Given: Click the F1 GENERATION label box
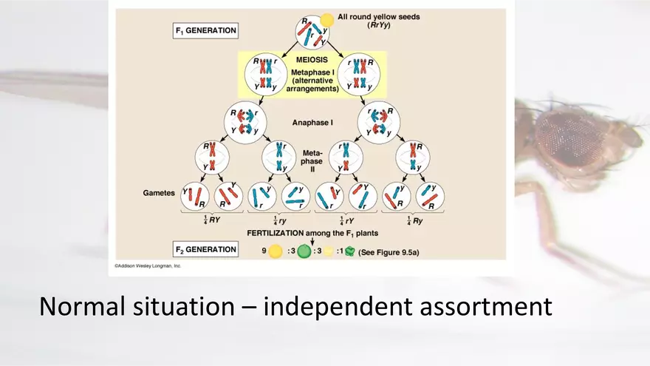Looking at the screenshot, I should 206,31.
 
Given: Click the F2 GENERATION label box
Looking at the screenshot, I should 206,249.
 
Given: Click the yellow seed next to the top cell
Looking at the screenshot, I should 326,19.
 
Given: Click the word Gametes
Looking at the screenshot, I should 158,192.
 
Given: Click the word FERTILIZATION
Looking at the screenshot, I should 280,233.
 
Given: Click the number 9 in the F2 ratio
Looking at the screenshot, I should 264,251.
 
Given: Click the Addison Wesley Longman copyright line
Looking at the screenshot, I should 147,265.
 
